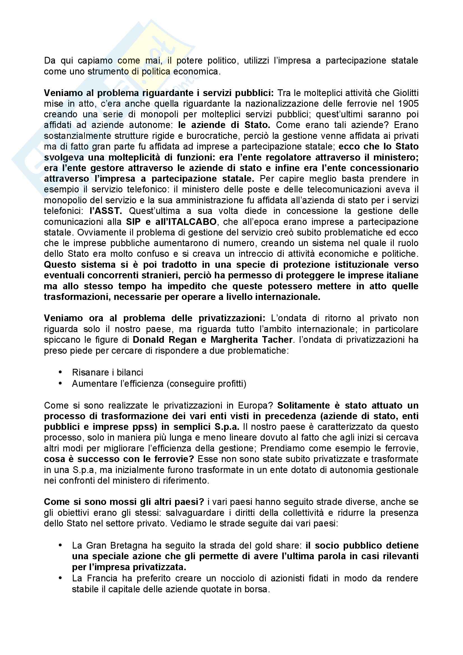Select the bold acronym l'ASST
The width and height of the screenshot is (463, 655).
(x=106, y=211)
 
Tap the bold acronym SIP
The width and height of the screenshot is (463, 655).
(x=133, y=222)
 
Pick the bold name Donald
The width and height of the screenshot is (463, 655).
(x=148, y=340)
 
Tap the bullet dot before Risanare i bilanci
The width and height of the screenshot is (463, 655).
(x=60, y=372)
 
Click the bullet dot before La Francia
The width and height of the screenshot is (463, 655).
(x=60, y=578)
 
